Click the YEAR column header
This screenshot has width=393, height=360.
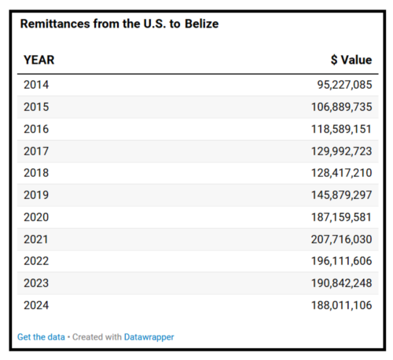pyautogui.click(x=39, y=60)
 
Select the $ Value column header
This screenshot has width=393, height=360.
pyautogui.click(x=351, y=60)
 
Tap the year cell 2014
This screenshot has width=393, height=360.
pyautogui.click(x=36, y=85)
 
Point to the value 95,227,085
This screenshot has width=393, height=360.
pyautogui.click(x=344, y=85)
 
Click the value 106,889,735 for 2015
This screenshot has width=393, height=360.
pyautogui.click(x=341, y=107)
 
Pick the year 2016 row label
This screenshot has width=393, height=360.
pyautogui.click(x=36, y=129)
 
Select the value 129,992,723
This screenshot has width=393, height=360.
pyautogui.click(x=341, y=151)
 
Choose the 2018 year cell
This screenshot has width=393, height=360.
pyautogui.click(x=36, y=173)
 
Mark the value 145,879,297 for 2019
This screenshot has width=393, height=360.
pyautogui.click(x=341, y=195)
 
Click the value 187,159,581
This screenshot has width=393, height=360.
pyautogui.click(x=341, y=217)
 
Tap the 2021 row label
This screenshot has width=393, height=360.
pyautogui.click(x=36, y=240)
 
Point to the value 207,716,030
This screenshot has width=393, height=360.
pyautogui.click(x=341, y=240)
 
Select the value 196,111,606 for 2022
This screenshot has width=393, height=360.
pyautogui.click(x=341, y=261)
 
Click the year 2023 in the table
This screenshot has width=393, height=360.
pyautogui.click(x=36, y=283)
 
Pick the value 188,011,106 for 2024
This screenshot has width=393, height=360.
pyautogui.click(x=341, y=305)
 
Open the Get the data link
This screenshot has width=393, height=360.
pyautogui.click(x=41, y=337)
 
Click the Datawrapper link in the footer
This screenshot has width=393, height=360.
pyautogui.click(x=149, y=337)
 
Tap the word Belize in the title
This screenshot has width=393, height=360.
pyautogui.click(x=202, y=24)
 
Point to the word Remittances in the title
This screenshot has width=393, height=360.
pyautogui.click(x=55, y=24)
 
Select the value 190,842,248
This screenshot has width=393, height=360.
pyautogui.click(x=341, y=283)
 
